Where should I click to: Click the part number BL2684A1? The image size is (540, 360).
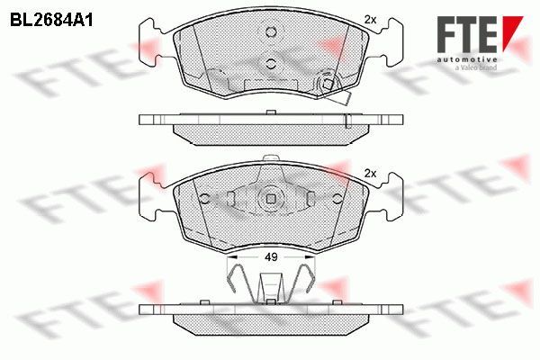point(51,21)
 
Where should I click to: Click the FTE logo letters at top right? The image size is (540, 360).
point(467,34)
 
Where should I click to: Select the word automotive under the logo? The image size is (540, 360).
point(467,60)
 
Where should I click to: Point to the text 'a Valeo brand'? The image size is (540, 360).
point(476,67)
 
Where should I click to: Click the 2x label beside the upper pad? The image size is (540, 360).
point(370,20)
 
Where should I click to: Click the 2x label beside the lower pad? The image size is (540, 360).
point(370,174)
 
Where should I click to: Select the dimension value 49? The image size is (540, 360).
point(271,257)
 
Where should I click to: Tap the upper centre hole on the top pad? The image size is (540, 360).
point(271,32)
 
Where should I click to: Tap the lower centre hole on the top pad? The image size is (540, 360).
point(271,63)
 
